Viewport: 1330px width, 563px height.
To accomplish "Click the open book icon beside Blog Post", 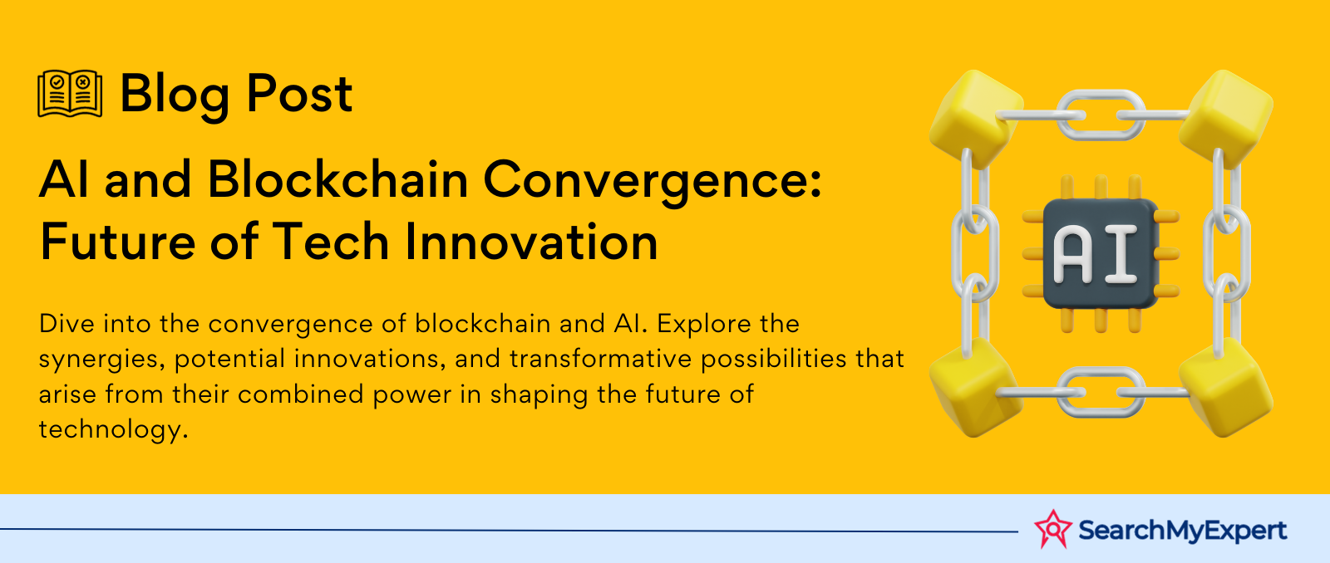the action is point(70,94).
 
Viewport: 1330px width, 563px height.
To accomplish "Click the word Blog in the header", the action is point(175,95).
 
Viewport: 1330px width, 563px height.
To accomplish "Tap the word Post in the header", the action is point(299,93).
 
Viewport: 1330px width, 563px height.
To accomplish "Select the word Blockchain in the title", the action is point(337,179).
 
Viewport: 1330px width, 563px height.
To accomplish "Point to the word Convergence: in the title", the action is point(653,183).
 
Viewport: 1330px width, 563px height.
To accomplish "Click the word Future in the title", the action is point(117,241).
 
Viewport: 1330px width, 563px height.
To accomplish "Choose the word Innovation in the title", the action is point(531,241).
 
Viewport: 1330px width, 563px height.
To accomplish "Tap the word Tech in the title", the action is point(330,241).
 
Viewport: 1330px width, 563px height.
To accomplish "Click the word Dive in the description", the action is point(66,324).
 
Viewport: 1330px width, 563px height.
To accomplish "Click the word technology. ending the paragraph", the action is point(113,430).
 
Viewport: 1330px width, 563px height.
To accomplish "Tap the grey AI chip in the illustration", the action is point(1101,253).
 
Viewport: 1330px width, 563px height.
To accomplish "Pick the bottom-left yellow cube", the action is point(976,388).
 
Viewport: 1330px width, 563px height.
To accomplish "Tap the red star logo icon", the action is point(1052,529).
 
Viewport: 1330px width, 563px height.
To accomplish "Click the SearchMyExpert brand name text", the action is point(1183,531).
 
